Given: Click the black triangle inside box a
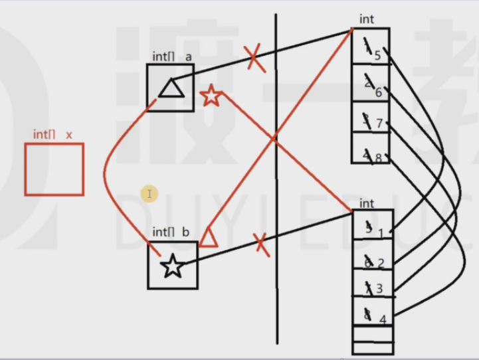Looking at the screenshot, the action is click(170, 88).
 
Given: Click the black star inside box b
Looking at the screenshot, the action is click(173, 267).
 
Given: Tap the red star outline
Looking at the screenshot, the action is click(211, 96).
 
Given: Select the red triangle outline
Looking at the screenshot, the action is click(209, 237).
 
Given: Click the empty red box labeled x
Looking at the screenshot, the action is click(54, 169).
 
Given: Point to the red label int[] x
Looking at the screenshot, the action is click(52, 135).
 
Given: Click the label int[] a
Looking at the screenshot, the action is click(172, 57).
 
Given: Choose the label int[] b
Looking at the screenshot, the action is click(171, 232).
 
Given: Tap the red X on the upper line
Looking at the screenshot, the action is click(254, 57).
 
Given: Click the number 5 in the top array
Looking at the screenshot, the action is click(377, 55).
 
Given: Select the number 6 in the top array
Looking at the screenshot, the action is click(378, 92).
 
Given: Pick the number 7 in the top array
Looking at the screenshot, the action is click(379, 124).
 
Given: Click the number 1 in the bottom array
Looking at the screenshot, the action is click(381, 233).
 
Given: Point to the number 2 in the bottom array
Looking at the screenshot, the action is click(381, 263).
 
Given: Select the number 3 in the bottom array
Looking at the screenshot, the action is click(380, 289).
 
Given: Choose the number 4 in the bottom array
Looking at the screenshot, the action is click(382, 319).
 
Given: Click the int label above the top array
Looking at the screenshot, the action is click(367, 19).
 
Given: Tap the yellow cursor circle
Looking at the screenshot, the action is click(149, 193).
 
